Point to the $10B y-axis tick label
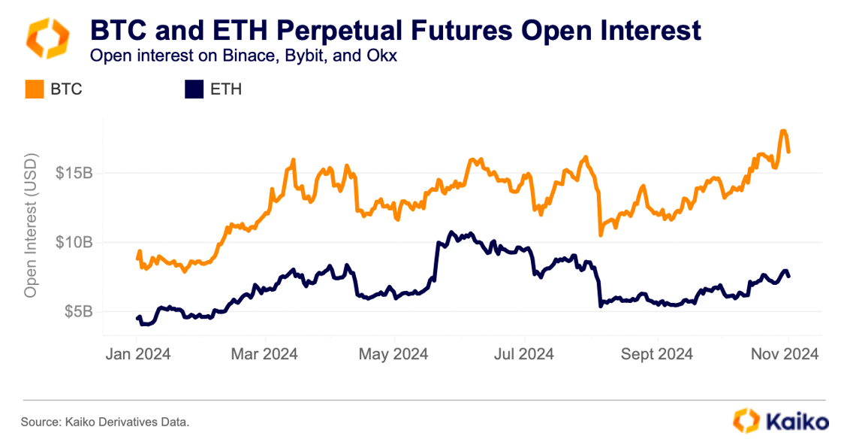tap(74, 243)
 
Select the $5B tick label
tap(77, 312)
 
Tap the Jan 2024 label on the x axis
tap(137, 353)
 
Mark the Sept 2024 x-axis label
tap(656, 353)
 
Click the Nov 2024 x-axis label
tap(785, 353)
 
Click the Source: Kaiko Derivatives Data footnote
tap(105, 422)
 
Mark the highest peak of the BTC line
tap(783, 132)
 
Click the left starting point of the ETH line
tap(137, 319)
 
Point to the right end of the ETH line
tap(788, 276)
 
